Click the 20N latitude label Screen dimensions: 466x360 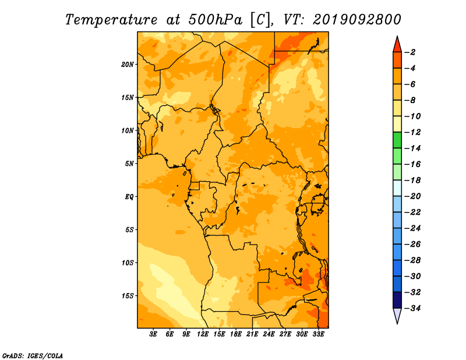(x=127, y=65)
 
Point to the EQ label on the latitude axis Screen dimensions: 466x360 (x=129, y=197)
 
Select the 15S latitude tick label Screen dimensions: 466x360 (x=128, y=296)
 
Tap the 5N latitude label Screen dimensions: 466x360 (x=129, y=164)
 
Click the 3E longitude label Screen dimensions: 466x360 (x=153, y=334)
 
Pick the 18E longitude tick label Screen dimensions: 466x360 (x=236, y=334)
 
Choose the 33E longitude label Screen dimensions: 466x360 (x=318, y=334)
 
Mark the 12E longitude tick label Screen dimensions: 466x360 (x=203, y=334)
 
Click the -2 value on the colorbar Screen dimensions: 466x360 (x=411, y=52)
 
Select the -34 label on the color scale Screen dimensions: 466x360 (x=413, y=308)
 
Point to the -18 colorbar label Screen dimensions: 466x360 (x=413, y=181)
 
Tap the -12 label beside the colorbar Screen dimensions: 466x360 (x=413, y=132)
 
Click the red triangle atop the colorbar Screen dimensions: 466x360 (x=397, y=45)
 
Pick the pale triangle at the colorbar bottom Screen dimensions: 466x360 (x=397, y=315)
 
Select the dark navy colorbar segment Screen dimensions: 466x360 (x=397, y=300)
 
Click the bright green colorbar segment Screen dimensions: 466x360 (x=397, y=140)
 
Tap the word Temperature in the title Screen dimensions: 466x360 (x=111, y=20)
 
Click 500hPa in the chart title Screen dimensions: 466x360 (x=215, y=20)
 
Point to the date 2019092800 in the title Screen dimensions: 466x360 (x=356, y=20)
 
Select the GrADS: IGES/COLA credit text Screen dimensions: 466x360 (x=33, y=356)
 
